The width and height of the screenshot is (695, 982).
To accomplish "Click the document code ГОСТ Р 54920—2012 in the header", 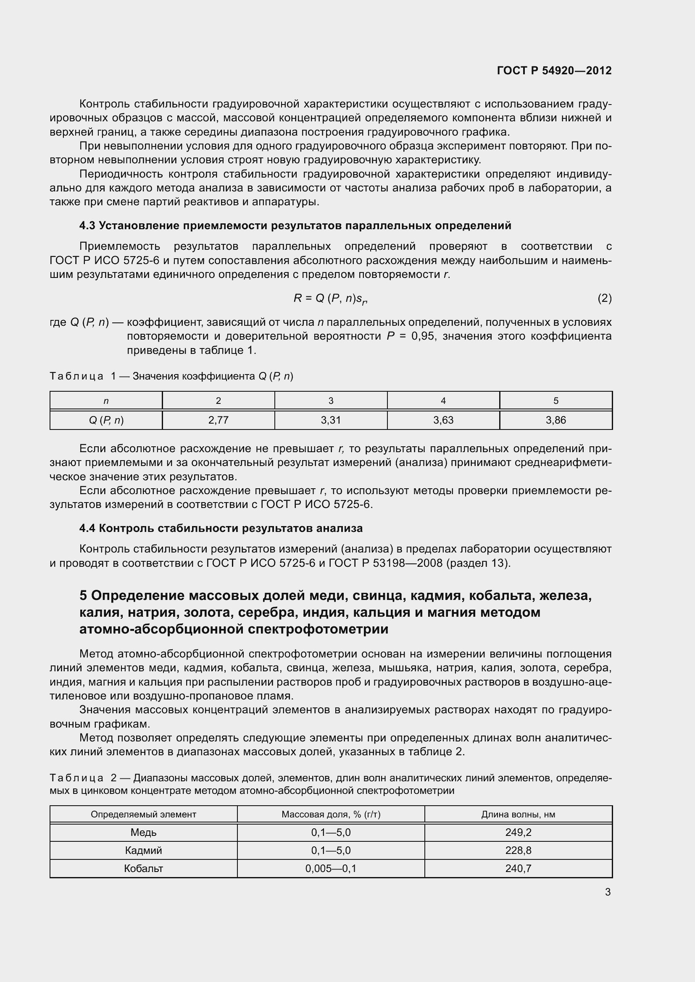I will pos(554,71).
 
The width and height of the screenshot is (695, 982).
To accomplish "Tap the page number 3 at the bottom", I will pos(608,892).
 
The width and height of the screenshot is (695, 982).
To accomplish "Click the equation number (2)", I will pos(604,298).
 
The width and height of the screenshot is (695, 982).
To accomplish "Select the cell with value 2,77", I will pos(218,420).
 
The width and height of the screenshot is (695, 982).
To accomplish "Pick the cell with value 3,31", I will pos(331,420).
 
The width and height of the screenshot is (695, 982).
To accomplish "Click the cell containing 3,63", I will pos(443,420).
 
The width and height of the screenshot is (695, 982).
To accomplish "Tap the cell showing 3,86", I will pos(555,420).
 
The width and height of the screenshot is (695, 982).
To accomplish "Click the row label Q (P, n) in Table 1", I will pos(106,420).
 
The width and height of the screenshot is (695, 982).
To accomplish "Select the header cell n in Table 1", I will pos(106,401).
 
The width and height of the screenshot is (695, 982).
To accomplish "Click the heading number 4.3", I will pos(87,225).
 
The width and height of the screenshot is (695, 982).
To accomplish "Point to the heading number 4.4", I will pos(87,528).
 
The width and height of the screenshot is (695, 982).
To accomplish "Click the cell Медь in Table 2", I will pos(143,832).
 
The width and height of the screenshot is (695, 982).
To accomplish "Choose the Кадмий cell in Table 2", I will pos(143,850).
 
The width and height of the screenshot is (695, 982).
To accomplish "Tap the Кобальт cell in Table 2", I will pos(143,868).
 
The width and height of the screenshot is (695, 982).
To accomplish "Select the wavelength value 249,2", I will pos(518,832).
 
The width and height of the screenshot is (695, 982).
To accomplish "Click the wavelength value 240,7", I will pos(518,868).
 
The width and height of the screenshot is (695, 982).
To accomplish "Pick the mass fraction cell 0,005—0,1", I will pos(331,868).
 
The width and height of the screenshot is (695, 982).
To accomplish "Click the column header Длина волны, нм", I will pos(518,814).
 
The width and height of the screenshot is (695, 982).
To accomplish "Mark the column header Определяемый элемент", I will pos(143,814).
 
